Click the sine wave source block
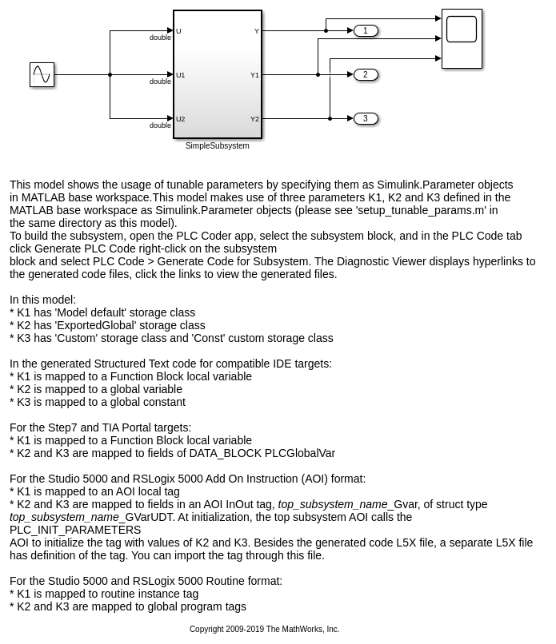click(x=42, y=75)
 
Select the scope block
click(x=462, y=38)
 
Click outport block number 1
click(x=366, y=31)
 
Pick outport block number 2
click(x=366, y=75)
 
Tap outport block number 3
click(x=366, y=119)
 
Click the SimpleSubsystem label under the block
click(x=217, y=146)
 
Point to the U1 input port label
click(x=181, y=76)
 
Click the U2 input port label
click(x=181, y=120)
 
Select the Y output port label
click(x=257, y=32)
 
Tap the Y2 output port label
click(x=254, y=120)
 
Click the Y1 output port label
click(x=254, y=76)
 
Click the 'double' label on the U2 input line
click(x=160, y=125)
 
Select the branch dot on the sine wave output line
click(x=110, y=75)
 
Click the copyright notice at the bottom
click(x=264, y=630)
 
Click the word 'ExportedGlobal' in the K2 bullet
click(x=170, y=325)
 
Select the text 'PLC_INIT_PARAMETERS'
click(x=75, y=530)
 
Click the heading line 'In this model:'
click(x=42, y=300)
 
